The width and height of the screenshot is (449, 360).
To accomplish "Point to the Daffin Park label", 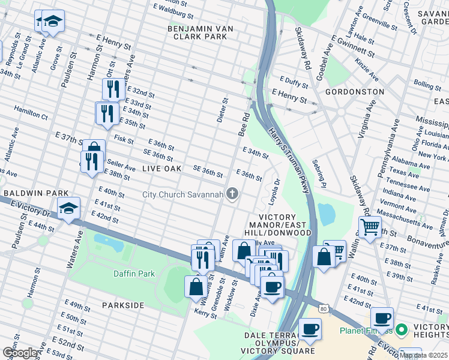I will [x=134, y=274].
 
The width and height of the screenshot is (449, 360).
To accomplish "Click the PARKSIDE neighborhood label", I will [x=123, y=305].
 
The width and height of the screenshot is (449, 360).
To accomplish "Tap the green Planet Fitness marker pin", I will [x=402, y=330].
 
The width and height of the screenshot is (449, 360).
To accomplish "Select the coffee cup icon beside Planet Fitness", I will [x=381, y=317].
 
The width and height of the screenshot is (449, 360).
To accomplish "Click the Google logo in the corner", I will [x=20, y=353].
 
